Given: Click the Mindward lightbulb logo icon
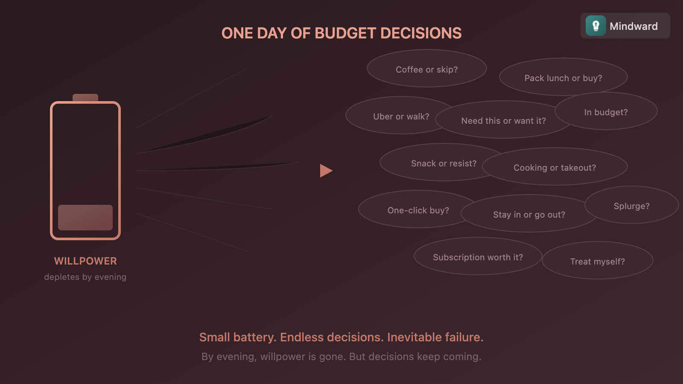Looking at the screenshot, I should click(595, 26).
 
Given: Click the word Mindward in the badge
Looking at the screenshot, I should click(633, 26).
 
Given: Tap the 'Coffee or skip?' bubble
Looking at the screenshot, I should click(426, 69).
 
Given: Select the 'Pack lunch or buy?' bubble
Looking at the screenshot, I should click(563, 78).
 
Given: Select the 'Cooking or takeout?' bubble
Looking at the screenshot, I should click(555, 167).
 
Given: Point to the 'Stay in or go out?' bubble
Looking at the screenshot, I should click(529, 214).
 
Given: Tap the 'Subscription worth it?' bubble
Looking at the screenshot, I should click(478, 257).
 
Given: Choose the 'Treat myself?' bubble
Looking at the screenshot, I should click(597, 261).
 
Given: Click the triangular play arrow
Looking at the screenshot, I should click(326, 171).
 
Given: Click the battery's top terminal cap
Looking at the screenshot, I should click(85, 98).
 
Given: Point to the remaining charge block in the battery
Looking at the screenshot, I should click(85, 218).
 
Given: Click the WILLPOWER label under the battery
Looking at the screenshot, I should click(85, 261).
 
